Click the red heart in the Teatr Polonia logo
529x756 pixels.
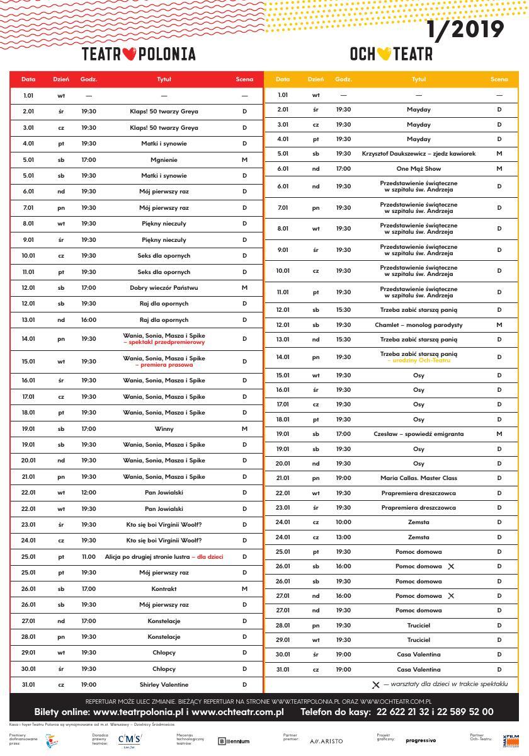(130, 54)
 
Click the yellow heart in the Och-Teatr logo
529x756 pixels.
(384, 54)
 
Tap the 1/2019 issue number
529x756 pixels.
(465, 30)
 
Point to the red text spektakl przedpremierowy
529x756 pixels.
(164, 342)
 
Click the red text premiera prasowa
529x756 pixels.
(164, 365)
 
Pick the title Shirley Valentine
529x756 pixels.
(164, 684)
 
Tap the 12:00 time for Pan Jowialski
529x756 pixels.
(88, 493)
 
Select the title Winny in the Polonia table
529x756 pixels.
(164, 428)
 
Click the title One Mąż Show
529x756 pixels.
(419, 168)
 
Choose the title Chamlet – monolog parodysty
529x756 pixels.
(419, 325)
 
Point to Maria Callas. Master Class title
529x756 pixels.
(419, 478)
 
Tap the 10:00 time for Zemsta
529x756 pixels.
(343, 522)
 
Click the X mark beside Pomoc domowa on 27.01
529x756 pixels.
(450, 596)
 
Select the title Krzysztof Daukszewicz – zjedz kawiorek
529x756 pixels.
(419, 154)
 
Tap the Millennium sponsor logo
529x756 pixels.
(234, 742)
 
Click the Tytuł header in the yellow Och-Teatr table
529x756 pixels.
(419, 79)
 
